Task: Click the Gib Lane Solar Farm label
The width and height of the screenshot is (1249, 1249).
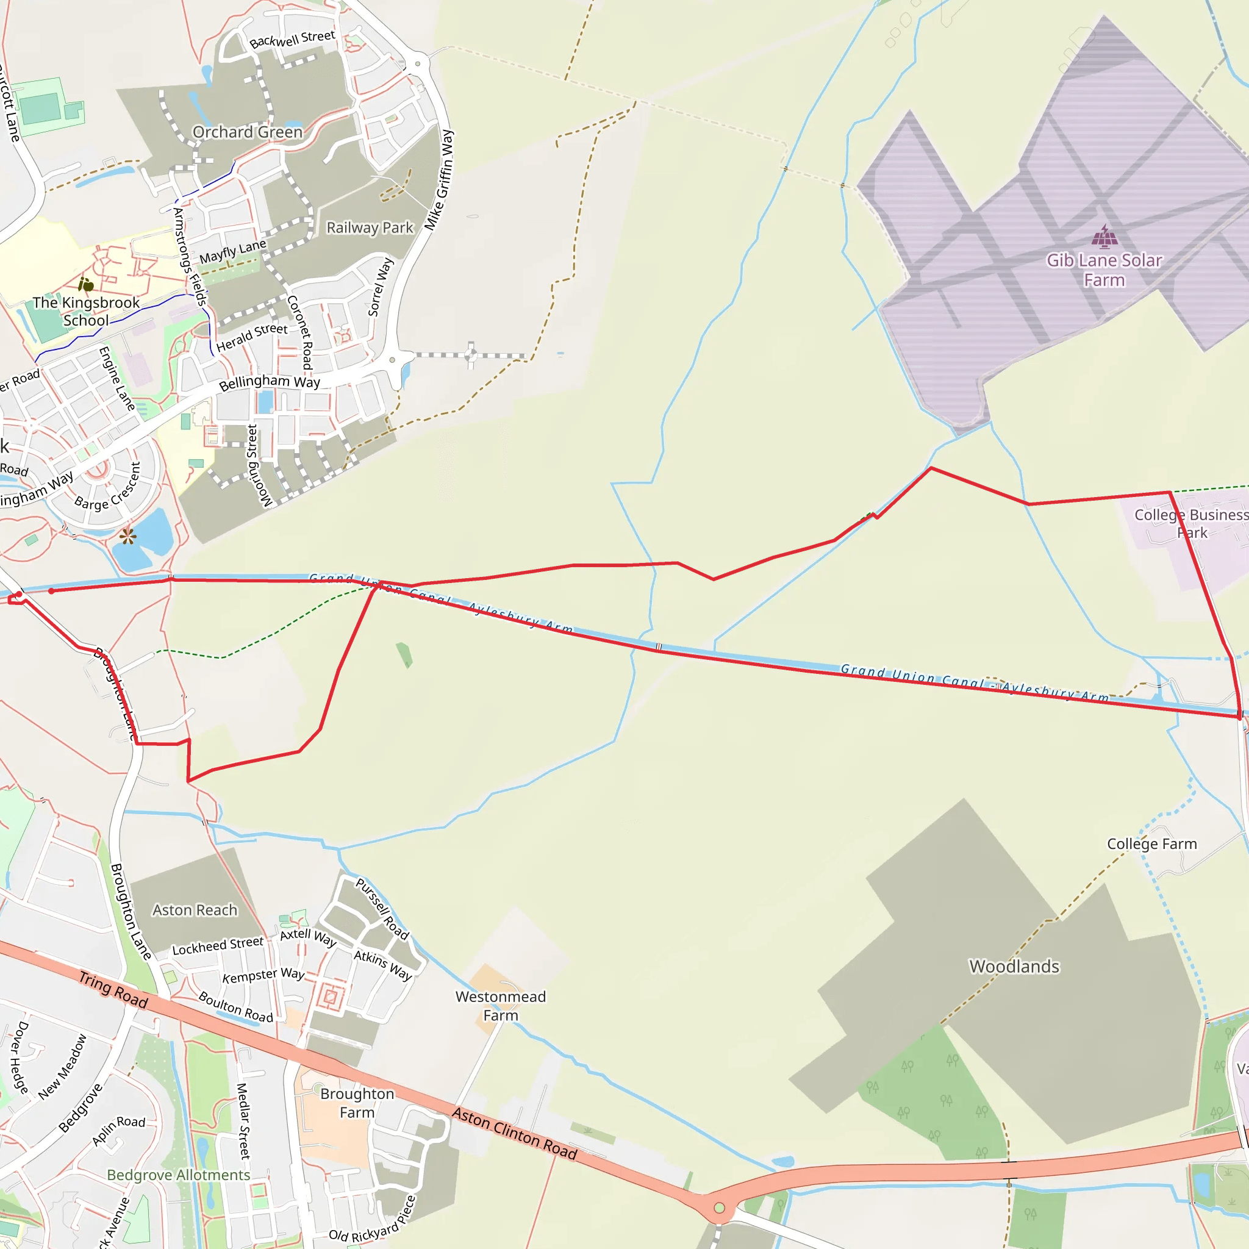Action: (x=1104, y=270)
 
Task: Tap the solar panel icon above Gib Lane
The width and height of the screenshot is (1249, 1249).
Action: (x=1104, y=237)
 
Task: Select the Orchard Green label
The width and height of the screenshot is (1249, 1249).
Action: (x=248, y=132)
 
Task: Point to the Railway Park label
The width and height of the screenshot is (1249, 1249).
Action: (x=369, y=227)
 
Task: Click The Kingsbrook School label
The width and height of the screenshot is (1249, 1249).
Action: (x=86, y=311)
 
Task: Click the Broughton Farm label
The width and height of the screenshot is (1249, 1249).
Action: (x=357, y=1102)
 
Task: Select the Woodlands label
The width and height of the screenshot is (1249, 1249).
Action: (x=1014, y=967)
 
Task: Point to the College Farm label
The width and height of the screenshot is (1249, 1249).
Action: (x=1151, y=843)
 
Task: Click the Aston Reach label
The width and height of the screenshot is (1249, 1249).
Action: (x=195, y=911)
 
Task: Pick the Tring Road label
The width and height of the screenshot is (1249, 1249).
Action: (x=114, y=990)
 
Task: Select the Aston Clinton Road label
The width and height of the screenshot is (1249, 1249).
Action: (x=514, y=1133)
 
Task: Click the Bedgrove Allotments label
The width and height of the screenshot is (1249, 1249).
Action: (x=179, y=1175)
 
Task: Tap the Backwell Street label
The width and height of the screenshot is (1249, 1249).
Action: (x=292, y=40)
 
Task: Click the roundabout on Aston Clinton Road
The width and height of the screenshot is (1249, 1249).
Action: (x=719, y=1208)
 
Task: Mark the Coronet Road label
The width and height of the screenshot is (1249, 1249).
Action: (x=301, y=332)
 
